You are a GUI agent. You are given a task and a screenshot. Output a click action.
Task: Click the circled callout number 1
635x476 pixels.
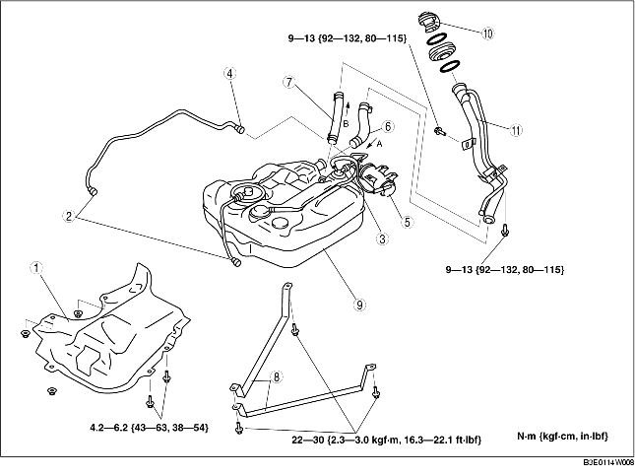tap(36, 268)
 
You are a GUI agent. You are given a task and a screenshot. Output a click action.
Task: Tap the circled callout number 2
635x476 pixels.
tap(69, 216)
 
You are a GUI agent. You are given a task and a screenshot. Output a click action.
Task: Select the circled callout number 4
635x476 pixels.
tap(230, 74)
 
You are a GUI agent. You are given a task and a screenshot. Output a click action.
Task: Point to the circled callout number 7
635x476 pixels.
tap(288, 83)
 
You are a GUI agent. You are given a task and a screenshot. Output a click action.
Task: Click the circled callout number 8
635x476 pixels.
tap(277, 377)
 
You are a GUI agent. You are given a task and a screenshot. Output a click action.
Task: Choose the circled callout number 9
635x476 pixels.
tap(359, 305)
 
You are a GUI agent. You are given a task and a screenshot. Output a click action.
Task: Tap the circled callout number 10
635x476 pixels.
tap(487, 34)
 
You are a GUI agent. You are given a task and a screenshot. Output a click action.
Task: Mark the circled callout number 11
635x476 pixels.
tap(516, 130)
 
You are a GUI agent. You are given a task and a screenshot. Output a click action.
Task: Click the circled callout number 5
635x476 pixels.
tap(407, 222)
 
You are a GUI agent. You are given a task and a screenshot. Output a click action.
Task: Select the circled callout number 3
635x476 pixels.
tap(382, 238)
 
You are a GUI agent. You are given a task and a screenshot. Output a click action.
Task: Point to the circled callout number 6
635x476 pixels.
tap(388, 127)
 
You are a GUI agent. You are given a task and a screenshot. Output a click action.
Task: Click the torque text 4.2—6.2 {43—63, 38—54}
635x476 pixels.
tap(149, 428)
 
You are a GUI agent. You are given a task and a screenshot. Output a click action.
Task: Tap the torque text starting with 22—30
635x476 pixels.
tap(387, 440)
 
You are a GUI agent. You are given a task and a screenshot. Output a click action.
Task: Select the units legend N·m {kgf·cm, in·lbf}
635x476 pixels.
tap(562, 437)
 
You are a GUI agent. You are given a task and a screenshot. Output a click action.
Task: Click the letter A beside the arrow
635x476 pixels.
tap(379, 144)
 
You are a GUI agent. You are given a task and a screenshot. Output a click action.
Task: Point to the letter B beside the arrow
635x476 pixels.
tap(346, 124)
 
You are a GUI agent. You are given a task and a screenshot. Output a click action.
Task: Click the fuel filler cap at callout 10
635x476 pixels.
tap(429, 23)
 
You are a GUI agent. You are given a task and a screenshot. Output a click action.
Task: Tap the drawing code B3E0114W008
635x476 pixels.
tap(608, 462)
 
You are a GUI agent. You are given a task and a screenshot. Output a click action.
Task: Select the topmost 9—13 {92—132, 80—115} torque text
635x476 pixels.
tap(348, 38)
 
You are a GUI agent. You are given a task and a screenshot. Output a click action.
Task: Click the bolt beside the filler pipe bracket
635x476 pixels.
tap(439, 131)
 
